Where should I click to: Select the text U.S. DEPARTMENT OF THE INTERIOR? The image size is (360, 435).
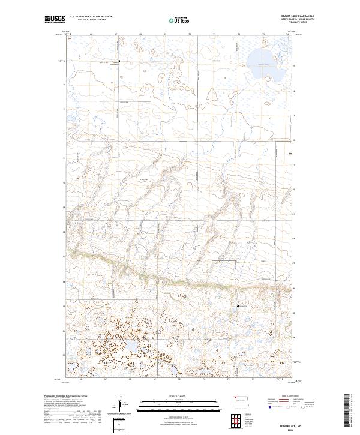tap(91, 17)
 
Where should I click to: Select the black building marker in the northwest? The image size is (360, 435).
tap(119, 62)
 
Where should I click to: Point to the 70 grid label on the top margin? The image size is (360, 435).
tap(189, 34)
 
